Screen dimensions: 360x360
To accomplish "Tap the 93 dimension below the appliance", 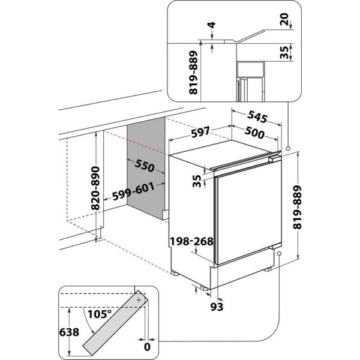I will coord(217,307).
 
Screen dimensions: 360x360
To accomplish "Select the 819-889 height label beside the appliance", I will coord(308,208).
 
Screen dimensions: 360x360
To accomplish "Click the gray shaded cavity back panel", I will coord(146,165).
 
